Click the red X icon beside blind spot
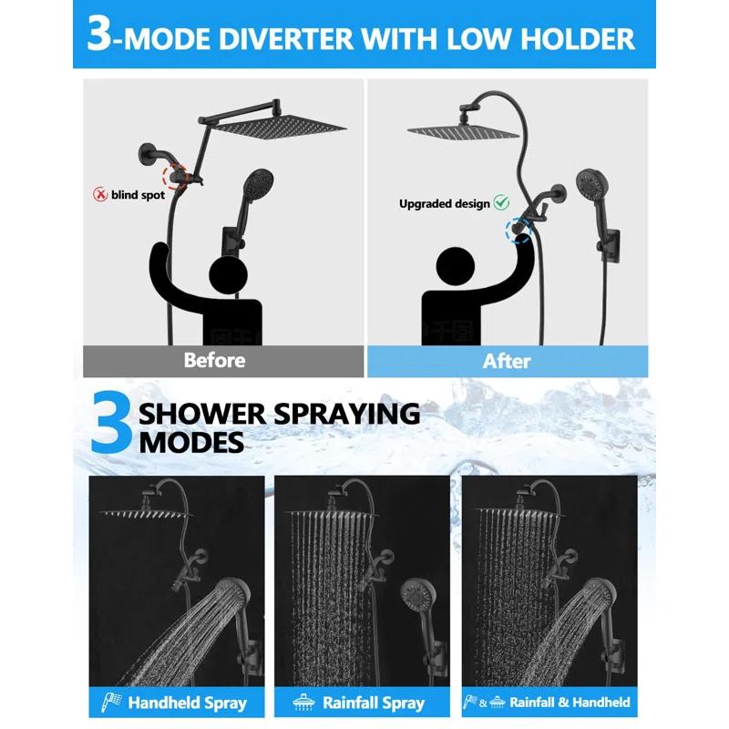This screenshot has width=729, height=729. point(100,194)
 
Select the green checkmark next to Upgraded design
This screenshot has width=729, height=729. point(501,202)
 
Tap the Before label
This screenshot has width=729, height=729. point(214,360)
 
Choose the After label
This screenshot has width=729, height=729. point(507,361)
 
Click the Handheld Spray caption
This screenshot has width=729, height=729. point(187,703)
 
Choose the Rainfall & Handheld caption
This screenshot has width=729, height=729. point(570,703)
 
